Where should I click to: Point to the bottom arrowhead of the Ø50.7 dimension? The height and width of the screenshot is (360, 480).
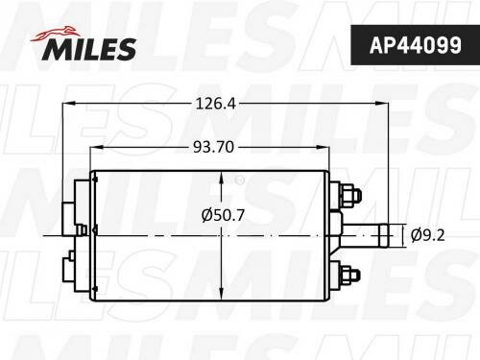[x=223, y=294]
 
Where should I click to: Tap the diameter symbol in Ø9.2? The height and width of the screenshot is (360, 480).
[x=415, y=233]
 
